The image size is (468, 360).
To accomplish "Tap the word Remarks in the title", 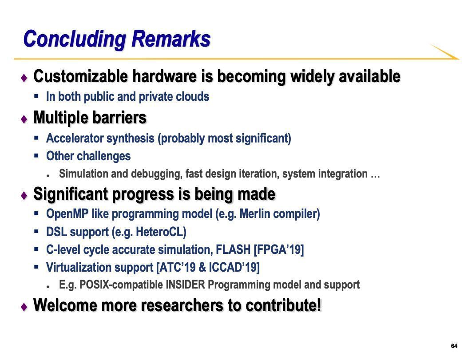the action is pos(171,39).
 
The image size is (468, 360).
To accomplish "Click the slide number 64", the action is pos(454,346).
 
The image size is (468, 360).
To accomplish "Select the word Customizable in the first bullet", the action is pos(80,76).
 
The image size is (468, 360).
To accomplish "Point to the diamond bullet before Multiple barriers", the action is pos(24,119).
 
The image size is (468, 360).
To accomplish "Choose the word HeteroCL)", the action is pos(161,232).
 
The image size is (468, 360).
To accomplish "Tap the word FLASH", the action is pos(233,249).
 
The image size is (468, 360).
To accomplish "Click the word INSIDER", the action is pos(186,285).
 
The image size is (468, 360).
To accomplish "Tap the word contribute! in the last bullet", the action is pos(284,305).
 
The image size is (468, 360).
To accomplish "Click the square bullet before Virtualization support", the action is pos(36,267).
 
